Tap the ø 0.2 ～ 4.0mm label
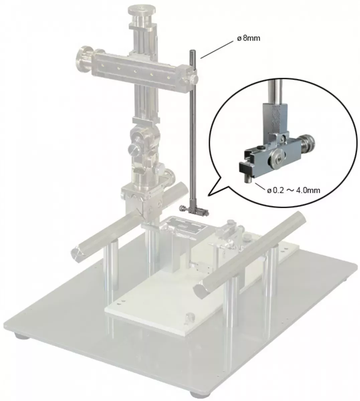[293, 190]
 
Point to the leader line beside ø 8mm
[217, 50]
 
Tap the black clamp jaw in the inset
[246, 168]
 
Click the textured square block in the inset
[275, 118]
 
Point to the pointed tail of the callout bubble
[208, 196]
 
